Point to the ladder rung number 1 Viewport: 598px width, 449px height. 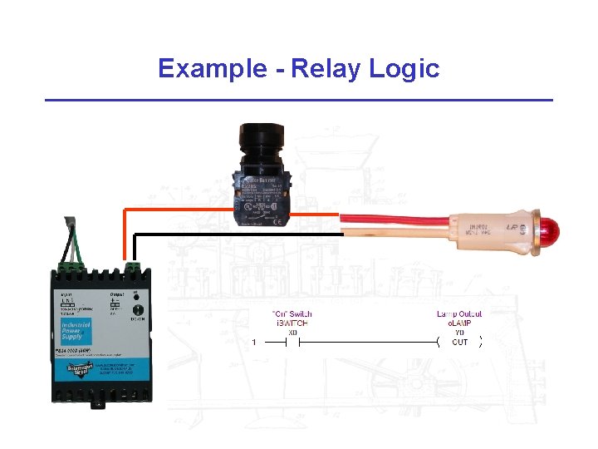(x=253, y=342)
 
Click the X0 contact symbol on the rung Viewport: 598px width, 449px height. (x=292, y=342)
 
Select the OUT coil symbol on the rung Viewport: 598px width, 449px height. (x=460, y=342)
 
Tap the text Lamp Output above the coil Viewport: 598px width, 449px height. (x=459, y=313)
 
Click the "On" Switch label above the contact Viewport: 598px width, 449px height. (x=292, y=313)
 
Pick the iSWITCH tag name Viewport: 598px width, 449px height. (x=292, y=323)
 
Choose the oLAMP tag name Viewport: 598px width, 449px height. (x=459, y=323)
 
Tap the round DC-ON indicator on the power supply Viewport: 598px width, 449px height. (x=135, y=306)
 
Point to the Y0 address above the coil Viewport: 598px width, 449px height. (x=459, y=332)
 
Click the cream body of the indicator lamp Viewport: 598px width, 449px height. (x=490, y=229)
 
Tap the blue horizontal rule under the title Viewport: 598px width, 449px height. (x=298, y=101)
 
